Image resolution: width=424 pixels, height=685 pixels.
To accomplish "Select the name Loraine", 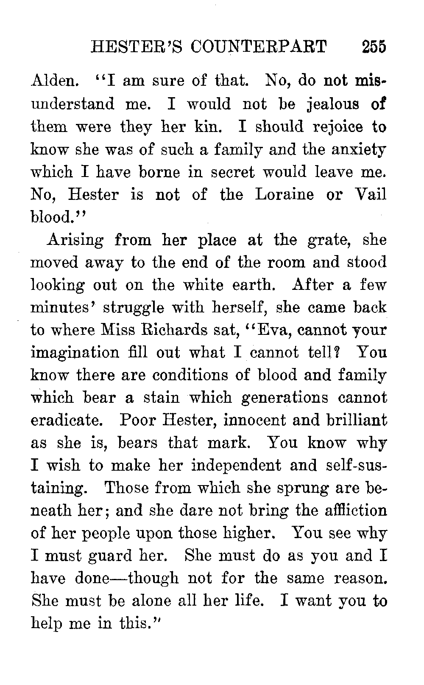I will pos(285,194).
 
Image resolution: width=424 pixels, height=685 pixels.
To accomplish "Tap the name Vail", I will pos(370,194).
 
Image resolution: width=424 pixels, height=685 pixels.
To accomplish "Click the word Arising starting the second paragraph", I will pos(75,240).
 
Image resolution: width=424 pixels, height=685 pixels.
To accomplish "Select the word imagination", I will pos(75,353).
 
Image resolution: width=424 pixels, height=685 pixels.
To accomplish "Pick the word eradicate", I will pos(65,420).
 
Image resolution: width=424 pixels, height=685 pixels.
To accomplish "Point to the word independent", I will pos(236,465).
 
